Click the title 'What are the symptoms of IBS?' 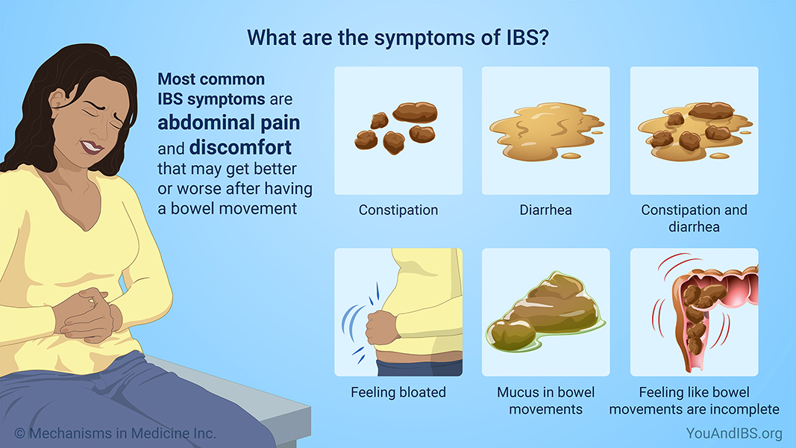click(x=398, y=37)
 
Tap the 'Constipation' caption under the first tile click(x=398, y=210)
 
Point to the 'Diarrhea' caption click(x=545, y=210)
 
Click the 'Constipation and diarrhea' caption click(x=694, y=217)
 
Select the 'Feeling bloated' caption click(x=398, y=392)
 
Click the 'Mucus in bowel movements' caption click(x=545, y=400)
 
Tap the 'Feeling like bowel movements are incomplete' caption click(x=694, y=400)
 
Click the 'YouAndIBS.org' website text click(x=734, y=433)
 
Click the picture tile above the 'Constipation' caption click(x=398, y=131)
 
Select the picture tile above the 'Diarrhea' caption click(x=545, y=131)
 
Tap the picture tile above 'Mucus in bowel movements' click(x=545, y=312)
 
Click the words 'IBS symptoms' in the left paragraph click(x=210, y=99)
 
